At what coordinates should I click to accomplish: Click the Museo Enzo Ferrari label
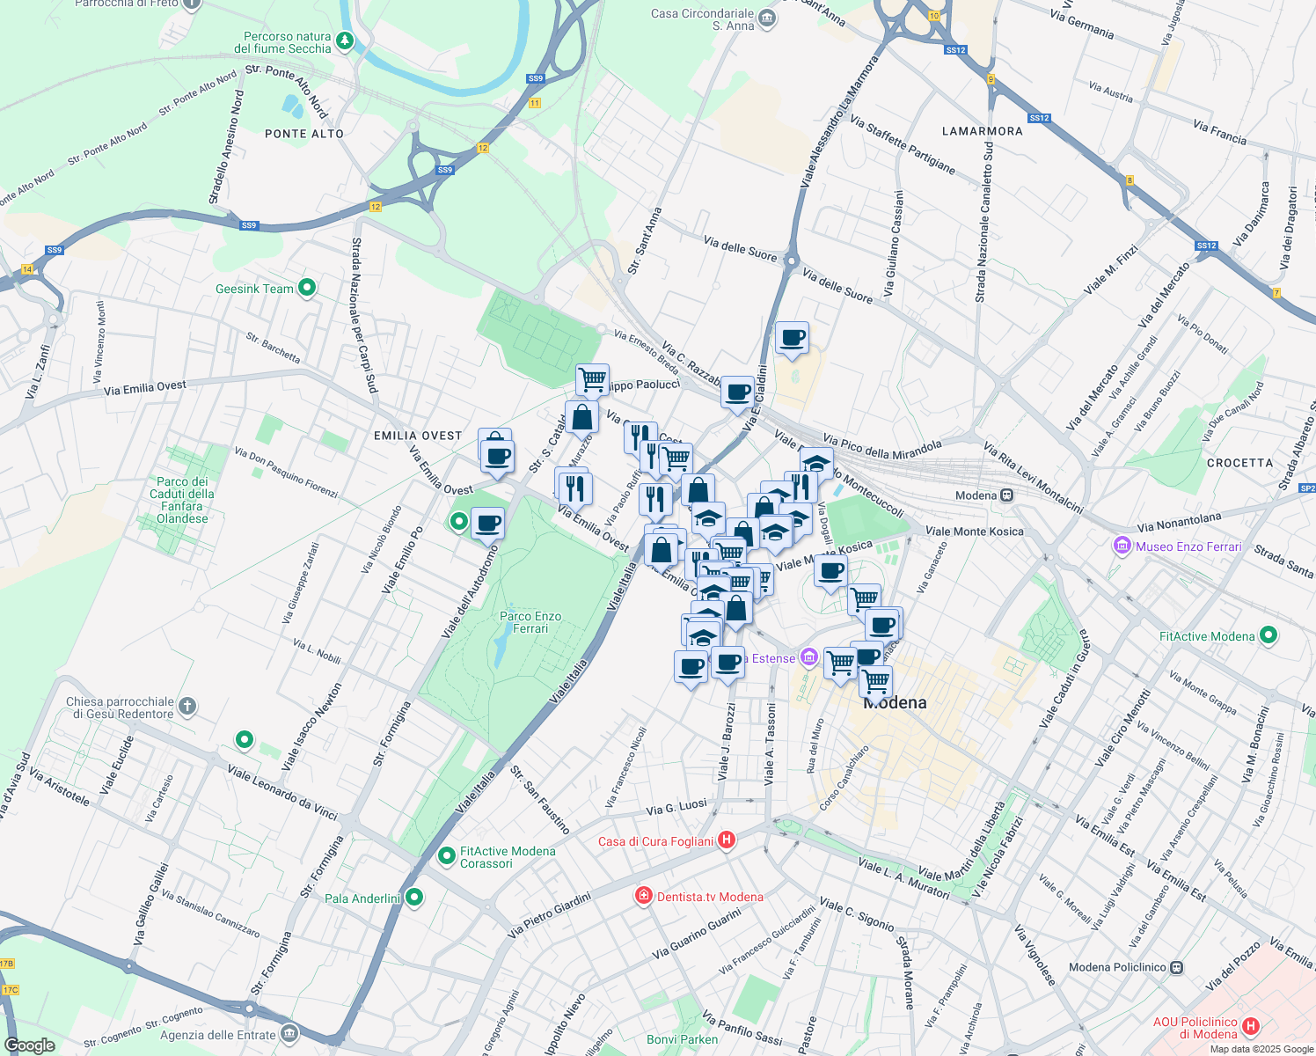[1188, 546]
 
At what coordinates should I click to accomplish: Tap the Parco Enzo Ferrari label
[530, 622]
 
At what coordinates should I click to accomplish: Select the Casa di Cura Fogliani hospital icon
[727, 840]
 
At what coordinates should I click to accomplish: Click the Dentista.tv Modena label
[710, 897]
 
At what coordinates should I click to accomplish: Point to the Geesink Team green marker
[307, 287]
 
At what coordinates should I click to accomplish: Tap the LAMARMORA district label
[982, 131]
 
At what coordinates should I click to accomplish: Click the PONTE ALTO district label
[304, 134]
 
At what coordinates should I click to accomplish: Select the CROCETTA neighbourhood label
[1239, 463]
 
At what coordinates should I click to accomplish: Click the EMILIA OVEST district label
[418, 436]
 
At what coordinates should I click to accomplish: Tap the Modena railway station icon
[1007, 495]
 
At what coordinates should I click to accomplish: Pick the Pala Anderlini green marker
[413, 898]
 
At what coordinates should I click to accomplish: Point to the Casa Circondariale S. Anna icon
[767, 17]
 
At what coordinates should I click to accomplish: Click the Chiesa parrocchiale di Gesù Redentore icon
[186, 706]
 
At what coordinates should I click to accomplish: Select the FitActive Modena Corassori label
[508, 857]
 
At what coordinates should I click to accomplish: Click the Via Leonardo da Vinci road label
[282, 792]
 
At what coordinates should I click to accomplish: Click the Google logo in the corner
[30, 1045]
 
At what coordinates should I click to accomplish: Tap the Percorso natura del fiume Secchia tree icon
[345, 40]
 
